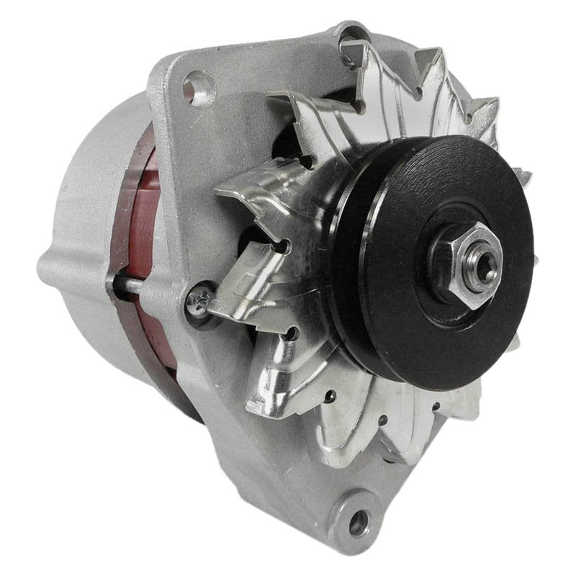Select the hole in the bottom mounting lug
358,522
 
